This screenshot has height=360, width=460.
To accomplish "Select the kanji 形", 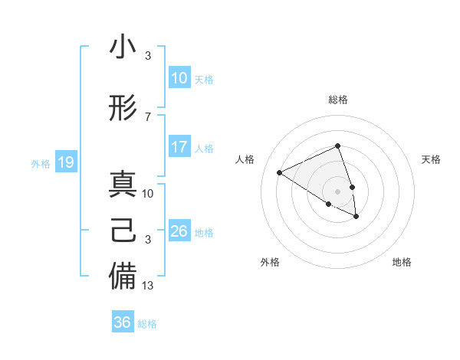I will point(123,109).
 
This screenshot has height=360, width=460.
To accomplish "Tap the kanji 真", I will point(123,185).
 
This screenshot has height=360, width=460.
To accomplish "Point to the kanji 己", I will point(123,231).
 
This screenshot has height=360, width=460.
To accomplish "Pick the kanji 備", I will point(123,277).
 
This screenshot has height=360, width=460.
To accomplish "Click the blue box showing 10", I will point(179,78).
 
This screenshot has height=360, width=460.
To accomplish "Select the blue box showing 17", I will point(179,147).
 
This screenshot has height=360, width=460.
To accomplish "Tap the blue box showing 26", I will point(179,231).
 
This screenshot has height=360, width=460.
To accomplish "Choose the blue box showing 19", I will point(65,162).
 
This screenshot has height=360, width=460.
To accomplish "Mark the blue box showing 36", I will point(123,322).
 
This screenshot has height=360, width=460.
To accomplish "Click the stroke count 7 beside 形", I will point(148,116).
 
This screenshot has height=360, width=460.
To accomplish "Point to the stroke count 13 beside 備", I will point(148,286).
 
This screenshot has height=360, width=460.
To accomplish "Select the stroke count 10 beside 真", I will point(148,194).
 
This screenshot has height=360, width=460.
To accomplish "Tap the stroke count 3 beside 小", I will point(148,56).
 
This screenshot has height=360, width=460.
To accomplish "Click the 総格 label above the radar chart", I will point(338,100).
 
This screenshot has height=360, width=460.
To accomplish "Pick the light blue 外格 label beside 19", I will point(41,163).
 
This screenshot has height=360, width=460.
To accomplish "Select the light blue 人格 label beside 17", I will point(205,148).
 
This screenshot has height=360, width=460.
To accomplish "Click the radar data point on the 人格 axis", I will point(280,172).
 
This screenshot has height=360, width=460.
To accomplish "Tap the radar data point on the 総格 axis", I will point(337,146).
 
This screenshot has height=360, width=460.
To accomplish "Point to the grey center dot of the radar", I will point(337,190).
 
